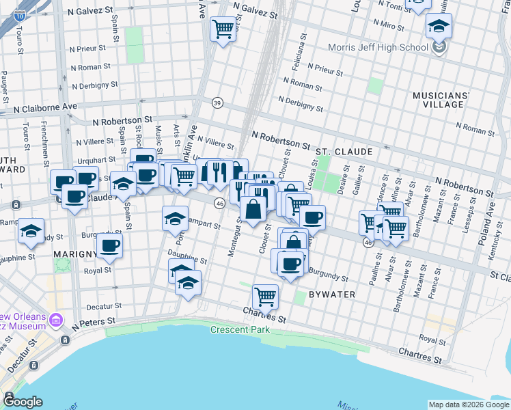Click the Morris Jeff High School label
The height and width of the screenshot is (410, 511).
(377, 48)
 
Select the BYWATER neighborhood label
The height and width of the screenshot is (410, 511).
(331, 294)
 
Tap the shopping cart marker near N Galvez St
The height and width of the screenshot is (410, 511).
(223, 29)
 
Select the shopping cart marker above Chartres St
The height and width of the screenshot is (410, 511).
(265, 297)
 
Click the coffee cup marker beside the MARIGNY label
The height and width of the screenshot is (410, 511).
(109, 245)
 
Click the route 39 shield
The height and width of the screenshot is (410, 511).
(217, 102)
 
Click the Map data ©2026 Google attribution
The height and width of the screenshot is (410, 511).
(468, 405)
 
